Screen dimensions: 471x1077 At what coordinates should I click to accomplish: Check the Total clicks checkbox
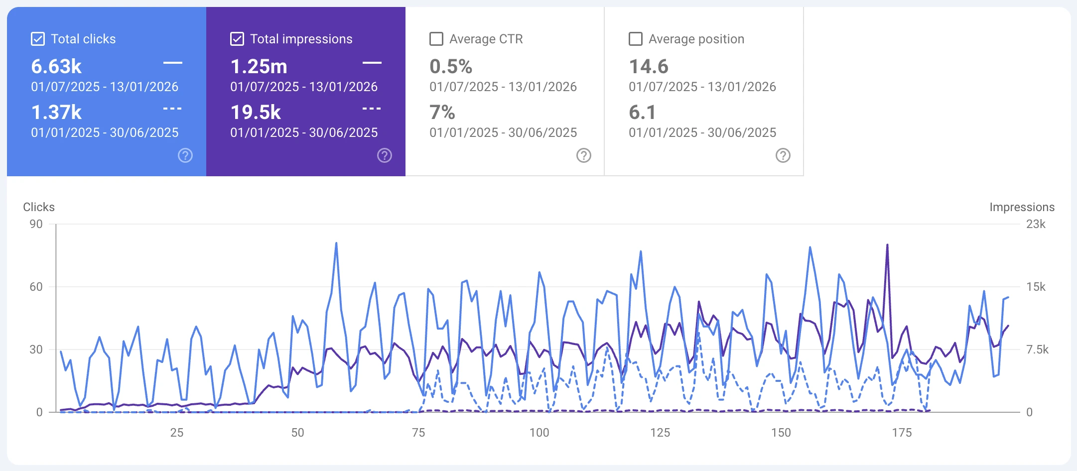(x=38, y=39)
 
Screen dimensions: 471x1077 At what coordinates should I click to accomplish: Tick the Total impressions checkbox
(x=237, y=39)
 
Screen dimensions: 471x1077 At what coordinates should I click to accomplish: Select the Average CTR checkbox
(x=436, y=39)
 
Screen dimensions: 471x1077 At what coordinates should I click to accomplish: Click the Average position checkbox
(x=636, y=39)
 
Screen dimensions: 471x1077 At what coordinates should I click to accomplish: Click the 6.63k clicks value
(x=56, y=66)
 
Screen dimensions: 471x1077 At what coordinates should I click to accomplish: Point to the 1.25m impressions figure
(x=259, y=66)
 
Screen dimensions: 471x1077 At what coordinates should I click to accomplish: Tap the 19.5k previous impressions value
(x=256, y=112)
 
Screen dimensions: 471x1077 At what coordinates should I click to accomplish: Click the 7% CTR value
(x=442, y=112)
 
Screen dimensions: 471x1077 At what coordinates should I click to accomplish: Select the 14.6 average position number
(x=649, y=66)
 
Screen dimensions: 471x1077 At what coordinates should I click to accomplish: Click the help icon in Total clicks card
(x=185, y=155)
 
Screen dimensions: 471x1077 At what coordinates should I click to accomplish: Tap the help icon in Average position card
(x=783, y=155)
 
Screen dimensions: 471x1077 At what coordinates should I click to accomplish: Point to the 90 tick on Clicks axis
(x=36, y=224)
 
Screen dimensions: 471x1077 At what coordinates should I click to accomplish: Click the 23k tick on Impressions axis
(x=1036, y=224)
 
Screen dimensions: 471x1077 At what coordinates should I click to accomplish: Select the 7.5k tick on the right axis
(x=1037, y=350)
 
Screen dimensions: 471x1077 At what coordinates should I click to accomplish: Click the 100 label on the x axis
(x=539, y=433)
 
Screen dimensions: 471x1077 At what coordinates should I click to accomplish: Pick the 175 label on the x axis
(x=902, y=433)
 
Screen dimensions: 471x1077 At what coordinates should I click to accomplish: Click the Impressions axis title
(x=1022, y=207)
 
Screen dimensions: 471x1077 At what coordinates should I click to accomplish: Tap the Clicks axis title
(x=39, y=207)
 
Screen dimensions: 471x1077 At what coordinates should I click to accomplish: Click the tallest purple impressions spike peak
(x=887, y=245)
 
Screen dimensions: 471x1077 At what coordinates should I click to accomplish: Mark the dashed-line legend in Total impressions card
(x=372, y=109)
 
